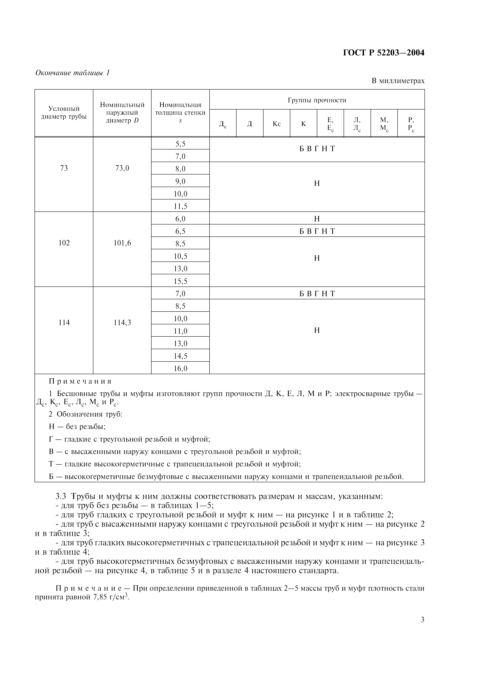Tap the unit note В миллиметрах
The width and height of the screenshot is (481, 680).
point(398,81)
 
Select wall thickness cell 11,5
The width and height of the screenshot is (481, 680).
point(180,206)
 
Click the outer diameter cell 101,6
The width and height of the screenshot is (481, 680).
point(122,243)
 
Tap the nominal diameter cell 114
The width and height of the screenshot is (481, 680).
point(64,323)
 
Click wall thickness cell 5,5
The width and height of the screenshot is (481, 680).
point(180,144)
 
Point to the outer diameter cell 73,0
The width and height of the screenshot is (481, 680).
point(122,168)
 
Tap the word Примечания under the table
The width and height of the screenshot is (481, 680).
point(80,381)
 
